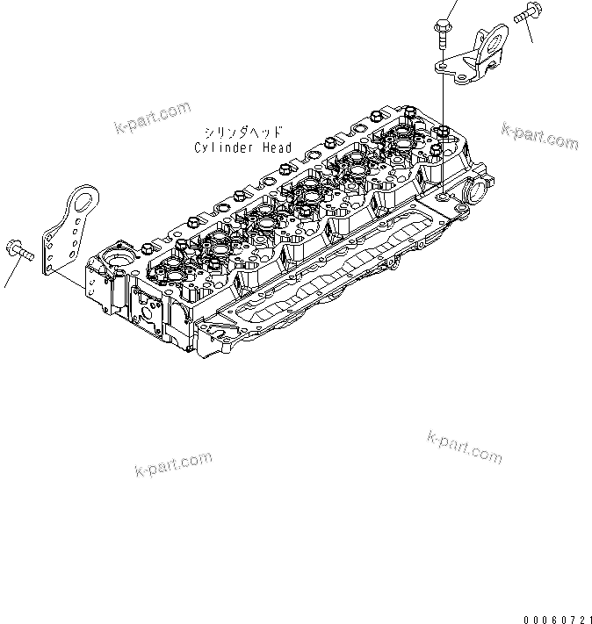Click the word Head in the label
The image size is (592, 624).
coord(277,147)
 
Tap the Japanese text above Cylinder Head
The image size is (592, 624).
coord(242,131)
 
